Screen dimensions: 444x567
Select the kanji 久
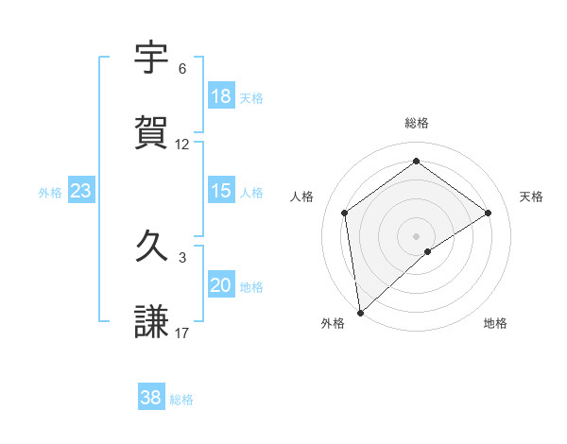[152, 247]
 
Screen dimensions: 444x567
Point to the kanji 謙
[152, 320]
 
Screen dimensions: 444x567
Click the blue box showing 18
[220, 96]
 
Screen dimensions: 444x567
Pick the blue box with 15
[220, 191]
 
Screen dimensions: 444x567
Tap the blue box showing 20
[220, 286]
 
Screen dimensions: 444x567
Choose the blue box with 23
[80, 191]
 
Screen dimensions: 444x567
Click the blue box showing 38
[150, 399]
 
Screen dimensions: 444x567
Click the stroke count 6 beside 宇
[182, 69]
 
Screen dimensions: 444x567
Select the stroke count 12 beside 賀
[182, 145]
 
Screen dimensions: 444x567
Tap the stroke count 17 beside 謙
[182, 333]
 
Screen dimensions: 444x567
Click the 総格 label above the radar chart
[417, 123]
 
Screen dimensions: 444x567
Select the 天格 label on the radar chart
[531, 196]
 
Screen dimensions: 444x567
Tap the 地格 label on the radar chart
[495, 323]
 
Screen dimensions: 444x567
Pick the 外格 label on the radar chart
[333, 323]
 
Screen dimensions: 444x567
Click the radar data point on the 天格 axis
[489, 213]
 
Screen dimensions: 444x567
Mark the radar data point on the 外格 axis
[359, 312]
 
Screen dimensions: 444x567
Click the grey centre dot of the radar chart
[416, 235]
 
